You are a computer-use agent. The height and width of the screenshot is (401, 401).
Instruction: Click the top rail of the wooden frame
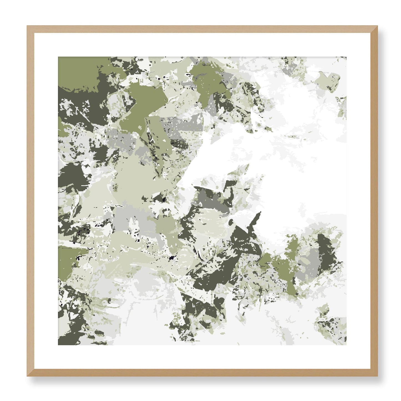[202, 29]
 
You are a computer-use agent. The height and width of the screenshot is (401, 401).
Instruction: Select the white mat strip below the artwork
[202, 357]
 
